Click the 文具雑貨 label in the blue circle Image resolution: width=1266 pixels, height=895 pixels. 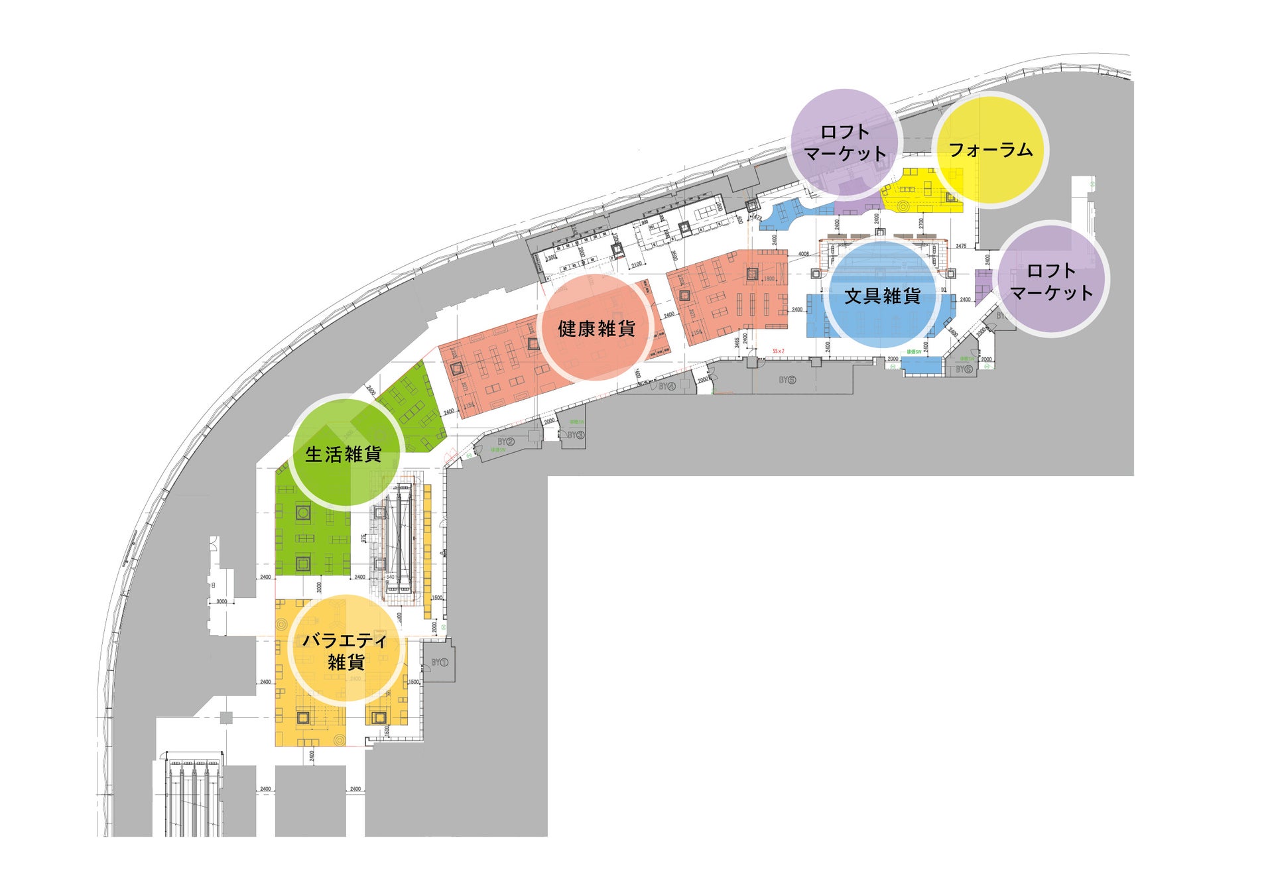882,296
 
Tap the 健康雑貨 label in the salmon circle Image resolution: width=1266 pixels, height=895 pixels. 596,328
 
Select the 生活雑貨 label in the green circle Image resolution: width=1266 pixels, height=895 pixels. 344,454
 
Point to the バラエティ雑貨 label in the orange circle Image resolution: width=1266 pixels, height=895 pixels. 346,651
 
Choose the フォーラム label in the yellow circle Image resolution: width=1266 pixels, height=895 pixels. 990,150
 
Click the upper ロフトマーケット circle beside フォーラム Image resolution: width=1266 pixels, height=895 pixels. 845,143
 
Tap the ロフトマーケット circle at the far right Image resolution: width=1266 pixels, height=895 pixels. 1051,281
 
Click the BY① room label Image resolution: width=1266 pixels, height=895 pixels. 440,662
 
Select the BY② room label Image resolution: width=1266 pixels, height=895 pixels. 506,442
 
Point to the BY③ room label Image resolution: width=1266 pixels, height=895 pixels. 576,435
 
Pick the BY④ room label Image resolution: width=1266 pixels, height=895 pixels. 666,386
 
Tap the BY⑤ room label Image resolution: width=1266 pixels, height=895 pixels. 787,380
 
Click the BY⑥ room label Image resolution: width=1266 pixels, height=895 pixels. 964,369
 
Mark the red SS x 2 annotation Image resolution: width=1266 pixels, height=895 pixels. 778,351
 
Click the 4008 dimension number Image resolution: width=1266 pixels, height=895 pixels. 803,254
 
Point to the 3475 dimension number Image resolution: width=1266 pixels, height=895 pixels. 961,246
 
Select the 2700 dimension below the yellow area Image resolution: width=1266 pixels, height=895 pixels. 921,223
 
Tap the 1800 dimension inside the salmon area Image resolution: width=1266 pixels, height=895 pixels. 769,279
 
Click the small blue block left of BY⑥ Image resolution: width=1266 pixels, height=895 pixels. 922,366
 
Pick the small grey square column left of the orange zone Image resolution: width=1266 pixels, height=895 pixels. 226,717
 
